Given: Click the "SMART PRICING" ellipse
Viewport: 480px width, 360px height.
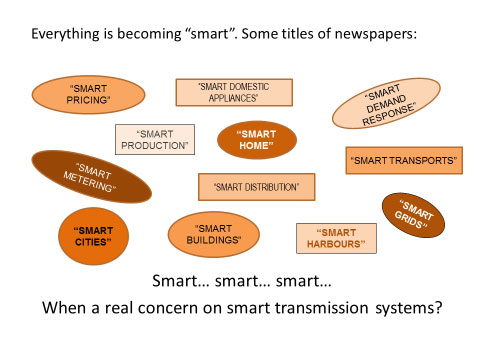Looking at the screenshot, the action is pos(88,95).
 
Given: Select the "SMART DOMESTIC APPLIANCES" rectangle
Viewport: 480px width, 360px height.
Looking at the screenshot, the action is pos(234,92).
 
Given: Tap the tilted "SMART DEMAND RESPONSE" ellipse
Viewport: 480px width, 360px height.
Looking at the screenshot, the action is pos(386,103).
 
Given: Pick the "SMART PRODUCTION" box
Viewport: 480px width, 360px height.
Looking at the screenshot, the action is pos(155,140).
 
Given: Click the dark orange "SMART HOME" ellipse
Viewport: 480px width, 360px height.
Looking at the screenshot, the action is pos(257,140).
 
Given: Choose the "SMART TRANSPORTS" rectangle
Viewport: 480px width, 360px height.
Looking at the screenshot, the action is pos(404,160).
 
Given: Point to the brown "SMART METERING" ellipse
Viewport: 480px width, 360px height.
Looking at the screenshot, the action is pos(92,177).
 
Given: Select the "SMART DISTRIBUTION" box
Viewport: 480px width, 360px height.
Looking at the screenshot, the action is pos(256,187).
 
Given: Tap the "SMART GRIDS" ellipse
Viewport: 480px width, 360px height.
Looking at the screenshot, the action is pos(413,215).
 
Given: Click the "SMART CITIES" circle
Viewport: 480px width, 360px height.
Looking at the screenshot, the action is pos(93,236).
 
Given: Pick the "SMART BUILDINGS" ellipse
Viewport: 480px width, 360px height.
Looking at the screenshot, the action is pos(214,234).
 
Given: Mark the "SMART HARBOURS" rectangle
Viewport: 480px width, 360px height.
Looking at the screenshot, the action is pos(336,238).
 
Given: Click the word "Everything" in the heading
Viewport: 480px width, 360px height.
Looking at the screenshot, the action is pos(66,34).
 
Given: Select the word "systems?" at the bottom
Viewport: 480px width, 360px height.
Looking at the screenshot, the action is pos(409,308).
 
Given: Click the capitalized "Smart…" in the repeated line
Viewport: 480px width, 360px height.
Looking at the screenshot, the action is pos(181,281).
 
